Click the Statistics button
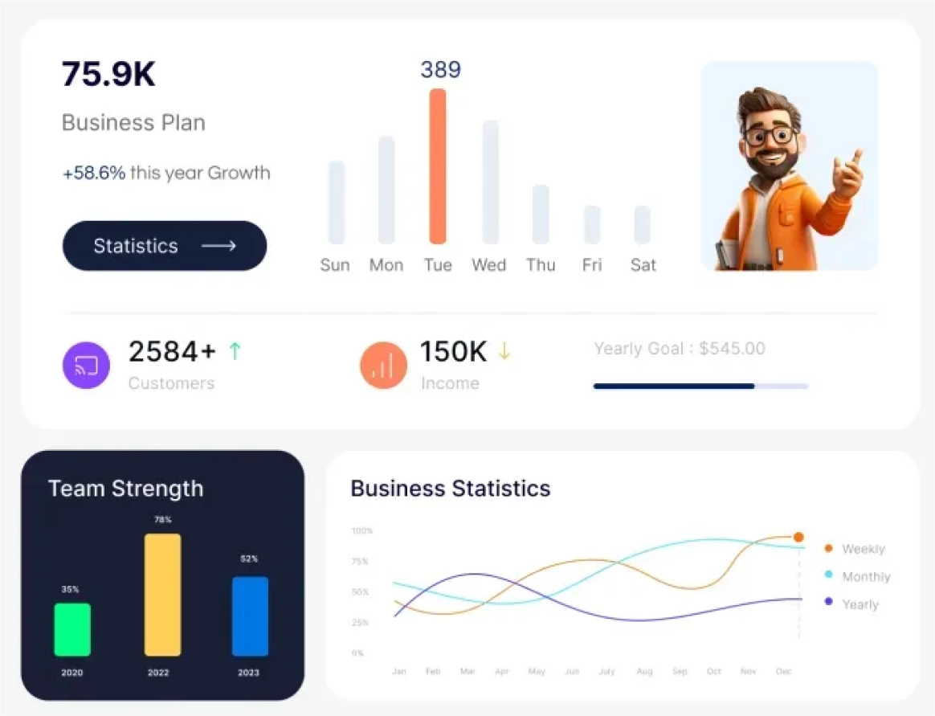(165, 246)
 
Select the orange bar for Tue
(438, 166)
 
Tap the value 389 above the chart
(440, 70)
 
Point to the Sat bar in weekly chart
(643, 224)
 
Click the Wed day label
(488, 265)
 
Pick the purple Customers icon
(86, 366)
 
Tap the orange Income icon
(383, 366)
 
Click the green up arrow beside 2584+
(235, 350)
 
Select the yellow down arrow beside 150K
(504, 351)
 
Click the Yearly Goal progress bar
(700, 387)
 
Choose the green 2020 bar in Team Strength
(72, 629)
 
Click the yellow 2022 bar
(162, 595)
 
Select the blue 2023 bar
(250, 616)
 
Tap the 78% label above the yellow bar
(162, 520)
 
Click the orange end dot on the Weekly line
(798, 537)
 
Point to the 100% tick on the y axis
(362, 531)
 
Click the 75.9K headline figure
(108, 74)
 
